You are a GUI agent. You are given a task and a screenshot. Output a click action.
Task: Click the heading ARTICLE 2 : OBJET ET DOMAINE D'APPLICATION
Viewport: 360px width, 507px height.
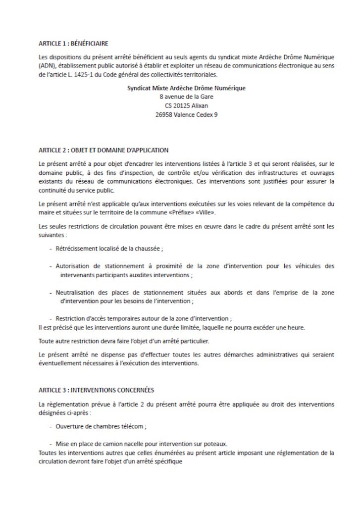tap(103, 149)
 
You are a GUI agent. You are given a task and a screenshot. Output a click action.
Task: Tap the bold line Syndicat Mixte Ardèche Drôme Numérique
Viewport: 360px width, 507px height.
tap(179, 88)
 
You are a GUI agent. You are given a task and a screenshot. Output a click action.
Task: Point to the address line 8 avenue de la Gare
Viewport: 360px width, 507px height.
tap(179, 97)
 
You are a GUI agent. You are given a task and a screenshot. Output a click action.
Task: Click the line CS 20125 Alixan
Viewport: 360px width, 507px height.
tap(179, 105)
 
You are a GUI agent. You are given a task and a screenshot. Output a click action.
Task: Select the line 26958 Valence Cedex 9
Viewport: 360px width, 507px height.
tap(179, 114)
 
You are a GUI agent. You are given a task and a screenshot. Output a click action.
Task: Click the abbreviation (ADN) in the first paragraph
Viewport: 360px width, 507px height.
tap(47, 65)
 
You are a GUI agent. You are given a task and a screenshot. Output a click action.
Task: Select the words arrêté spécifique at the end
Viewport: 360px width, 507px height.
tap(160, 461)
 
